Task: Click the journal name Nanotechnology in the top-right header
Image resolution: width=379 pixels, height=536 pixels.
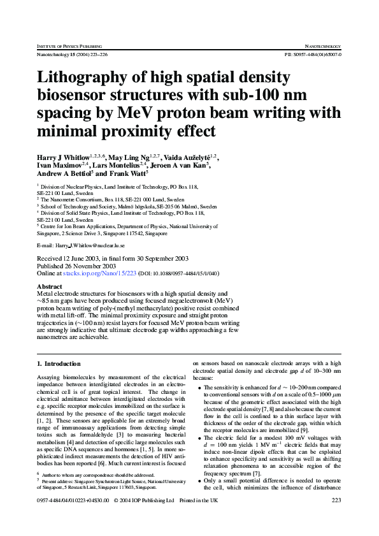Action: [324, 47]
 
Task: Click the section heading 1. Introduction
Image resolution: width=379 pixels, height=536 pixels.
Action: [59, 363]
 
